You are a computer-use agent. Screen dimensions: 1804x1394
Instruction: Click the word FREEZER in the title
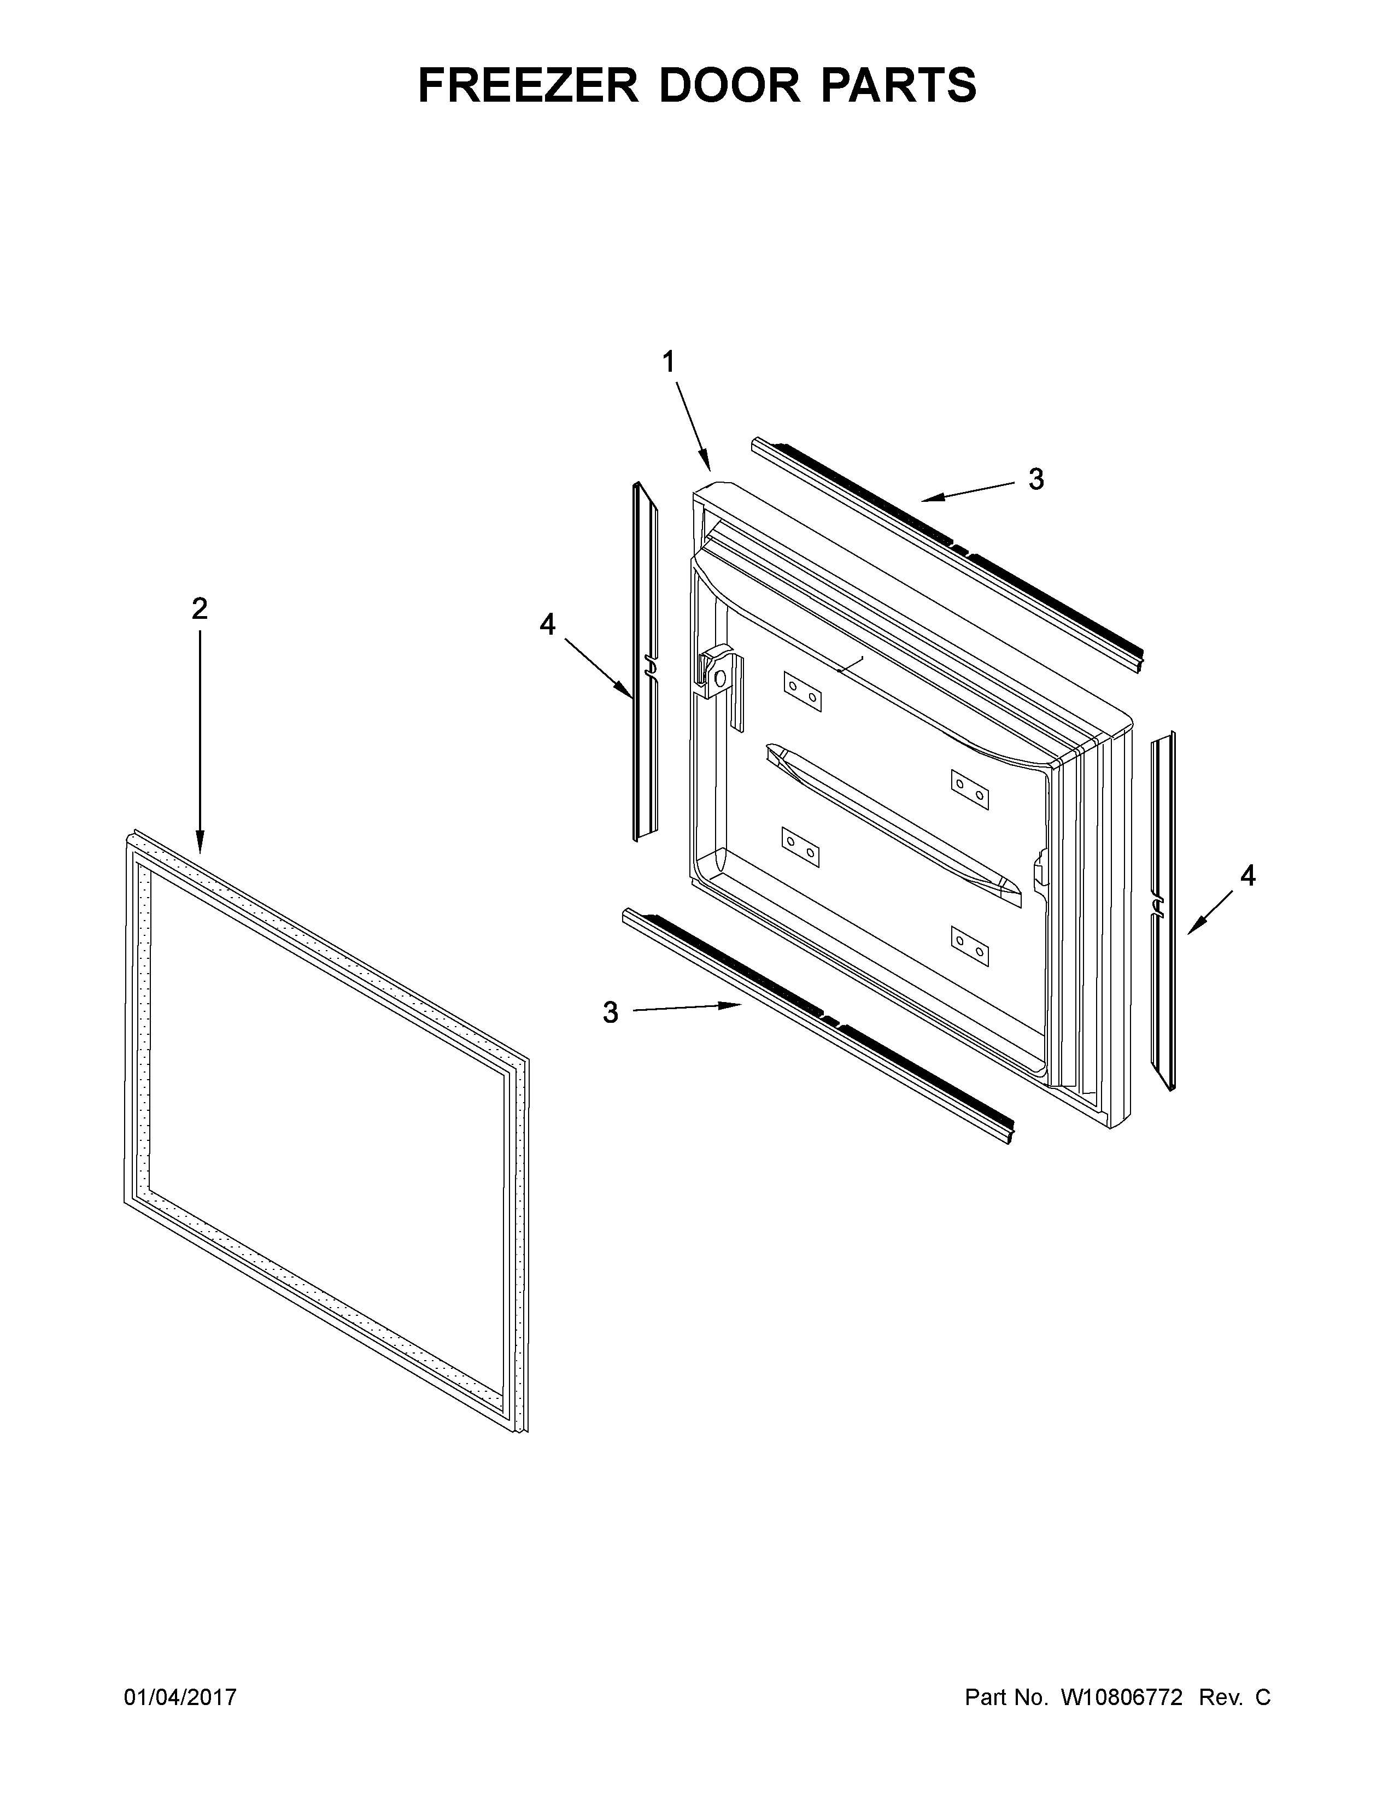pos(528,85)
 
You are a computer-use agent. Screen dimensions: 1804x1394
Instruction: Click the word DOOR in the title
pos(729,85)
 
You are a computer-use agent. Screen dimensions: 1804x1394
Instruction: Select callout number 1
pos(668,362)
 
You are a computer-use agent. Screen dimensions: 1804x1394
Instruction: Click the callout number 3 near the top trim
pos(1035,479)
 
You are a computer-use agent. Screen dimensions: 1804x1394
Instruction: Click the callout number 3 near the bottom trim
pos(610,1012)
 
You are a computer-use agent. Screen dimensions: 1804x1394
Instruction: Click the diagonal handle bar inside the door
pos(892,818)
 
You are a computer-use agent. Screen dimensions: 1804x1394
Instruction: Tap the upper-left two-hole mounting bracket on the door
pos(803,692)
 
